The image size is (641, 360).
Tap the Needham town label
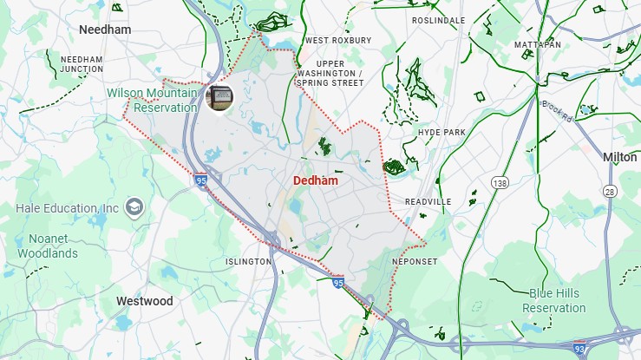pyautogui.click(x=104, y=29)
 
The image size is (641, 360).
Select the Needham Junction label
pyautogui.click(x=82, y=63)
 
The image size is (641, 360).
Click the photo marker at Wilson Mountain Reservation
pyautogui.click(x=219, y=98)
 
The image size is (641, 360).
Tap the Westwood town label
pyautogui.click(x=144, y=301)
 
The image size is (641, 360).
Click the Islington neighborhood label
pyautogui.click(x=248, y=261)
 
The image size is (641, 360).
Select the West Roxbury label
pyautogui.click(x=337, y=41)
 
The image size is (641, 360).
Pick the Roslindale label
pyautogui.click(x=438, y=20)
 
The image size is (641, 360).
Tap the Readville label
pyautogui.click(x=428, y=201)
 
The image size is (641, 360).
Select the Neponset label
pyautogui.click(x=414, y=261)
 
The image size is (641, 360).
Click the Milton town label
pyautogui.click(x=619, y=157)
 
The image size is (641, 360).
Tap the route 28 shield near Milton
pyautogui.click(x=610, y=191)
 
